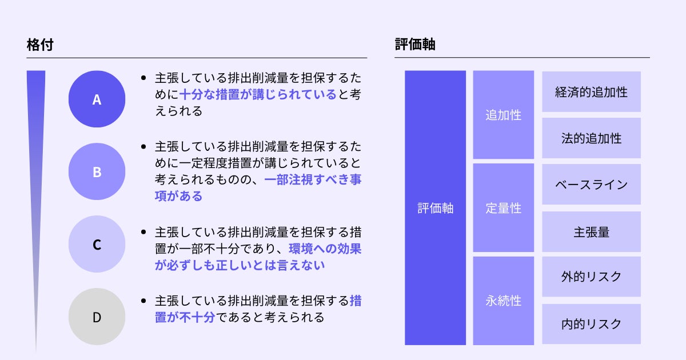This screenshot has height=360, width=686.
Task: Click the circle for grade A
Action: click(97, 99)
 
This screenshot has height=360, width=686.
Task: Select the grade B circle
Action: click(97, 171)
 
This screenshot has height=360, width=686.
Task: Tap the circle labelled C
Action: click(97, 244)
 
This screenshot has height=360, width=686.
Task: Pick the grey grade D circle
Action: click(97, 317)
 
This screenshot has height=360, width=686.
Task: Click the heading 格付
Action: click(40, 45)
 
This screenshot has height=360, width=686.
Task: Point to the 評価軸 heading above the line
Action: click(415, 45)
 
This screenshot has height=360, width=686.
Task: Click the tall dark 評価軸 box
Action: click(435, 208)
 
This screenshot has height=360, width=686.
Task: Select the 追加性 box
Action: click(503, 115)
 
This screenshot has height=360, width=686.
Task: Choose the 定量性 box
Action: click(503, 208)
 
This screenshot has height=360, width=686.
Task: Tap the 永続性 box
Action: click(503, 301)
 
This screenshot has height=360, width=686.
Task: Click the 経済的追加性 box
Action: click(591, 91)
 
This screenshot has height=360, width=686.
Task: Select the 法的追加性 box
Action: click(591, 138)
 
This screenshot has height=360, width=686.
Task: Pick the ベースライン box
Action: click(591, 185)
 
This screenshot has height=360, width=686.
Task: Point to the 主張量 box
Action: click(591, 231)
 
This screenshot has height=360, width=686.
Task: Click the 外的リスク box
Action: click(591, 277)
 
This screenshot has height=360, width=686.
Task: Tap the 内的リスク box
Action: click(591, 324)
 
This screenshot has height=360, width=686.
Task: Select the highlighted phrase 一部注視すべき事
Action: click(313, 179)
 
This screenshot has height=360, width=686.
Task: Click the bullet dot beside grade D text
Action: click(143, 301)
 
